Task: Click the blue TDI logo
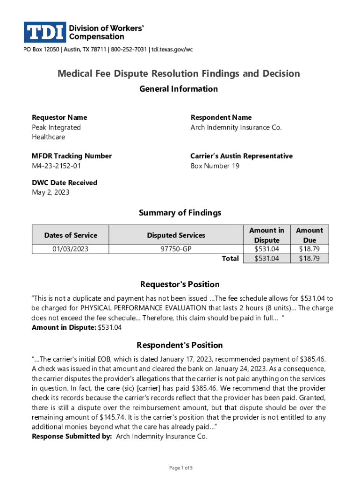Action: tap(44, 32)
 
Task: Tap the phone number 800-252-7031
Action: tap(128, 50)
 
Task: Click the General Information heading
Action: tap(179, 89)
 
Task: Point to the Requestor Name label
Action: tap(59, 117)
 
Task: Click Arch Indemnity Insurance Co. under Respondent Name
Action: tap(236, 127)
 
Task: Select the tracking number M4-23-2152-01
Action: tap(58, 166)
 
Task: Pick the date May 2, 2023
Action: tap(50, 192)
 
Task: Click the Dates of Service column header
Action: tap(70, 235)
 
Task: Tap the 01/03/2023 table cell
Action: tap(70, 249)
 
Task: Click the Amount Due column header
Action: tap(309, 235)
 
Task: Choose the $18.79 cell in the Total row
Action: tap(309, 258)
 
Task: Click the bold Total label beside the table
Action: tap(230, 258)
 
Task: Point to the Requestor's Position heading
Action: tap(180, 284)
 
